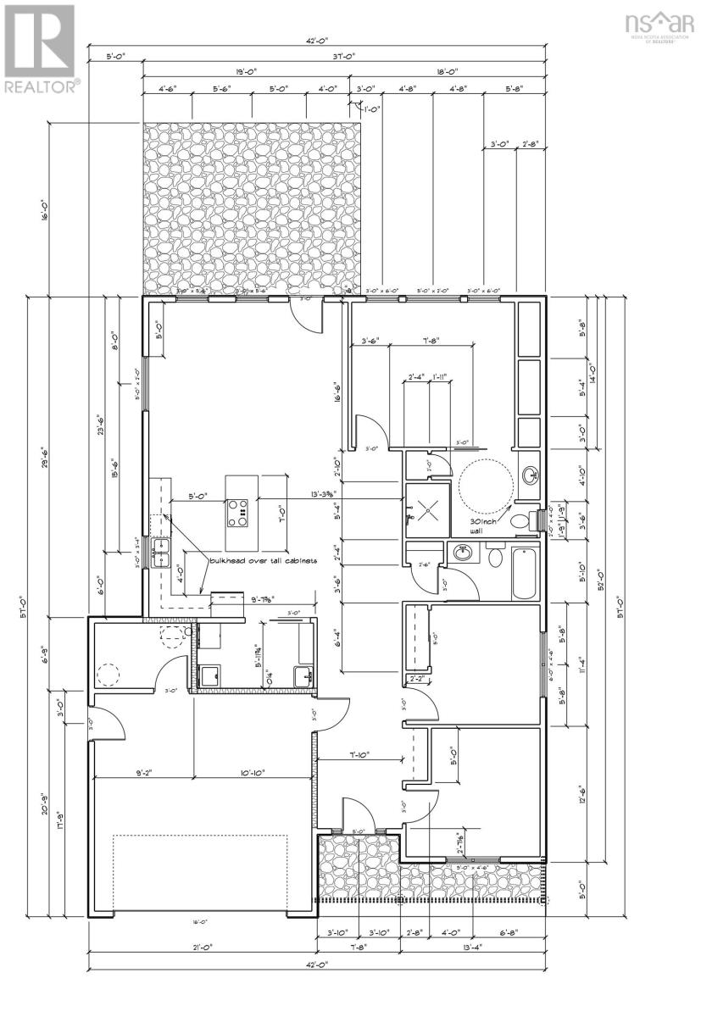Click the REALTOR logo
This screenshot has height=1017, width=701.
tap(42, 47)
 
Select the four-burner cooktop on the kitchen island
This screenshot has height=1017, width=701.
tap(237, 510)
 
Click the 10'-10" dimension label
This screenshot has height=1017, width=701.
tap(253, 772)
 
